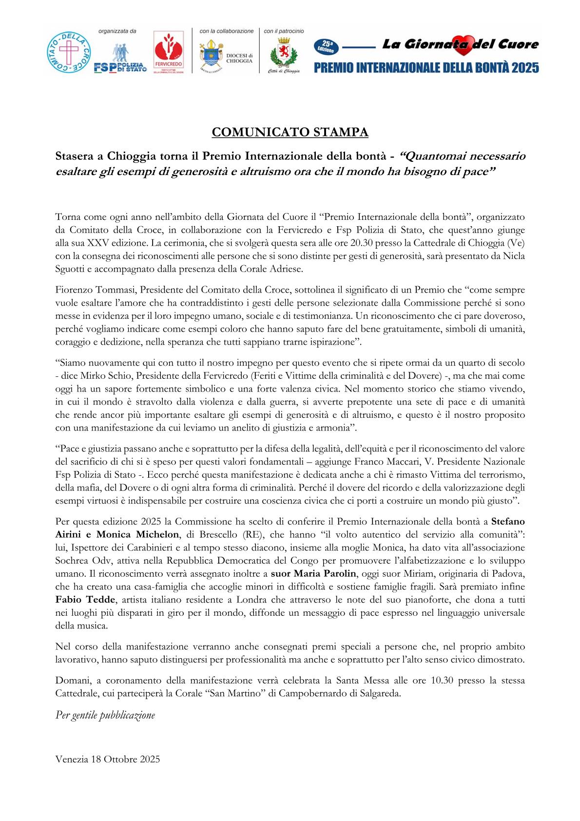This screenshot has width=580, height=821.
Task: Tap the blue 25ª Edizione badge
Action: click(326, 47)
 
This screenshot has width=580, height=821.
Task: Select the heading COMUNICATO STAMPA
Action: click(290, 132)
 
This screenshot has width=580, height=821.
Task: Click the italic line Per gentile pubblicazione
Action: click(105, 715)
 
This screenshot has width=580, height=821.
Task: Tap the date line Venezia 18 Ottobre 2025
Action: click(108, 759)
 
